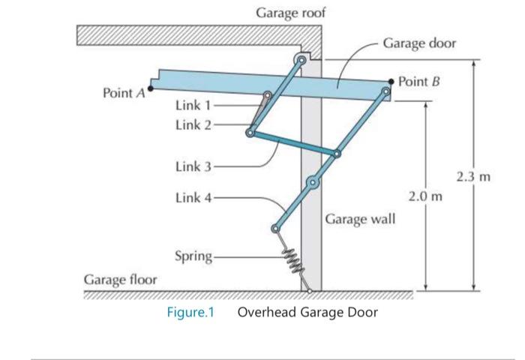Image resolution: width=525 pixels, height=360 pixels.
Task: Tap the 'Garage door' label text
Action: coord(419,43)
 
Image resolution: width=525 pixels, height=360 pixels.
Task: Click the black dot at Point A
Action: coord(150,88)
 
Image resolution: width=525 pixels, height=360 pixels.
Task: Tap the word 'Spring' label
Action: coord(193,256)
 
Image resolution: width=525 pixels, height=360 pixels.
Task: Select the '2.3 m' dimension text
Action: coord(473,178)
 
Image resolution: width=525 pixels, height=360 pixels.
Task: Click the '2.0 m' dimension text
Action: coord(424,196)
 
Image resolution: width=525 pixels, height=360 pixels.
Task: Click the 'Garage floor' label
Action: coord(120,280)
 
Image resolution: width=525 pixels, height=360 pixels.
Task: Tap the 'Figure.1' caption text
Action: coord(190,312)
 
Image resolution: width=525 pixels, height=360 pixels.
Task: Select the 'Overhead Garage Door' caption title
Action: coord(307,312)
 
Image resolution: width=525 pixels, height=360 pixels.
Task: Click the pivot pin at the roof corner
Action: coord(301,59)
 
